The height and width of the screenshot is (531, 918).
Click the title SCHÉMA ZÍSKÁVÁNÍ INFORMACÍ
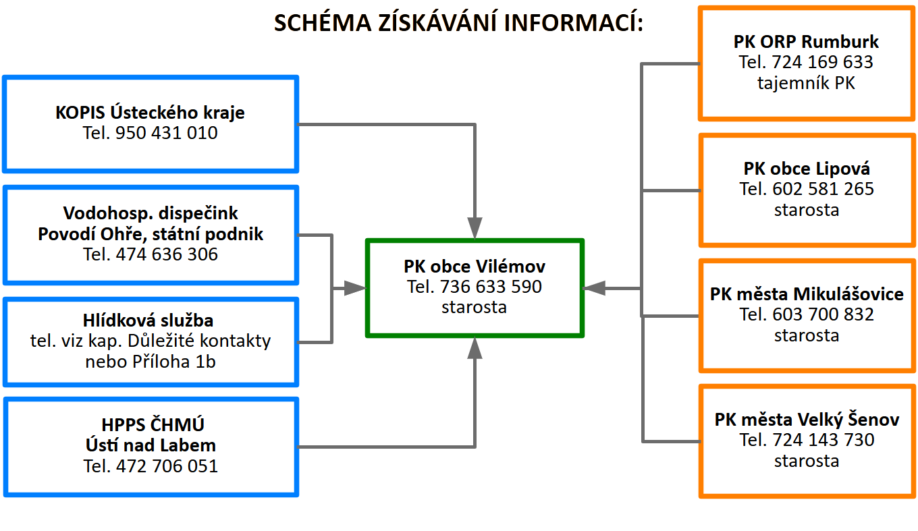(x=458, y=23)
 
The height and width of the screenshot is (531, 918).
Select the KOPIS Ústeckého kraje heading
(x=150, y=112)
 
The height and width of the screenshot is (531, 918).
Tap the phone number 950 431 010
(x=167, y=133)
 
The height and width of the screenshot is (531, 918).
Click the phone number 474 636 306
(x=167, y=254)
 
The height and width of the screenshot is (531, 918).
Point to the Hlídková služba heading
(x=151, y=320)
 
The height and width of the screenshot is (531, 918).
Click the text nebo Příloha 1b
(x=151, y=362)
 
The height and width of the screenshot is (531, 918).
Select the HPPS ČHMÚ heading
(x=151, y=425)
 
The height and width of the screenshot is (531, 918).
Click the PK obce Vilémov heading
(x=475, y=266)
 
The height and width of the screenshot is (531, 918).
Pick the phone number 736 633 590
(x=491, y=287)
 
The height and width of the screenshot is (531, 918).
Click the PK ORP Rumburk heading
(x=807, y=42)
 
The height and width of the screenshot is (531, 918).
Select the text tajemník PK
(x=807, y=84)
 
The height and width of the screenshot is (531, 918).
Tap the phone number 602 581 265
(x=823, y=189)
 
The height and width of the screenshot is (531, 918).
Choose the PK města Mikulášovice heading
(x=807, y=294)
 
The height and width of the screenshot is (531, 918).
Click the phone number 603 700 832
(x=823, y=314)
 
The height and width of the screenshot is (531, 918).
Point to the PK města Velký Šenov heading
(x=807, y=420)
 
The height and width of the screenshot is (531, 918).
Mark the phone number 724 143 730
(x=823, y=440)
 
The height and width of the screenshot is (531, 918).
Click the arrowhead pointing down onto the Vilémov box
(x=475, y=228)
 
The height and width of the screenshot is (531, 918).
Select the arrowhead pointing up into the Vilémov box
(x=475, y=348)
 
